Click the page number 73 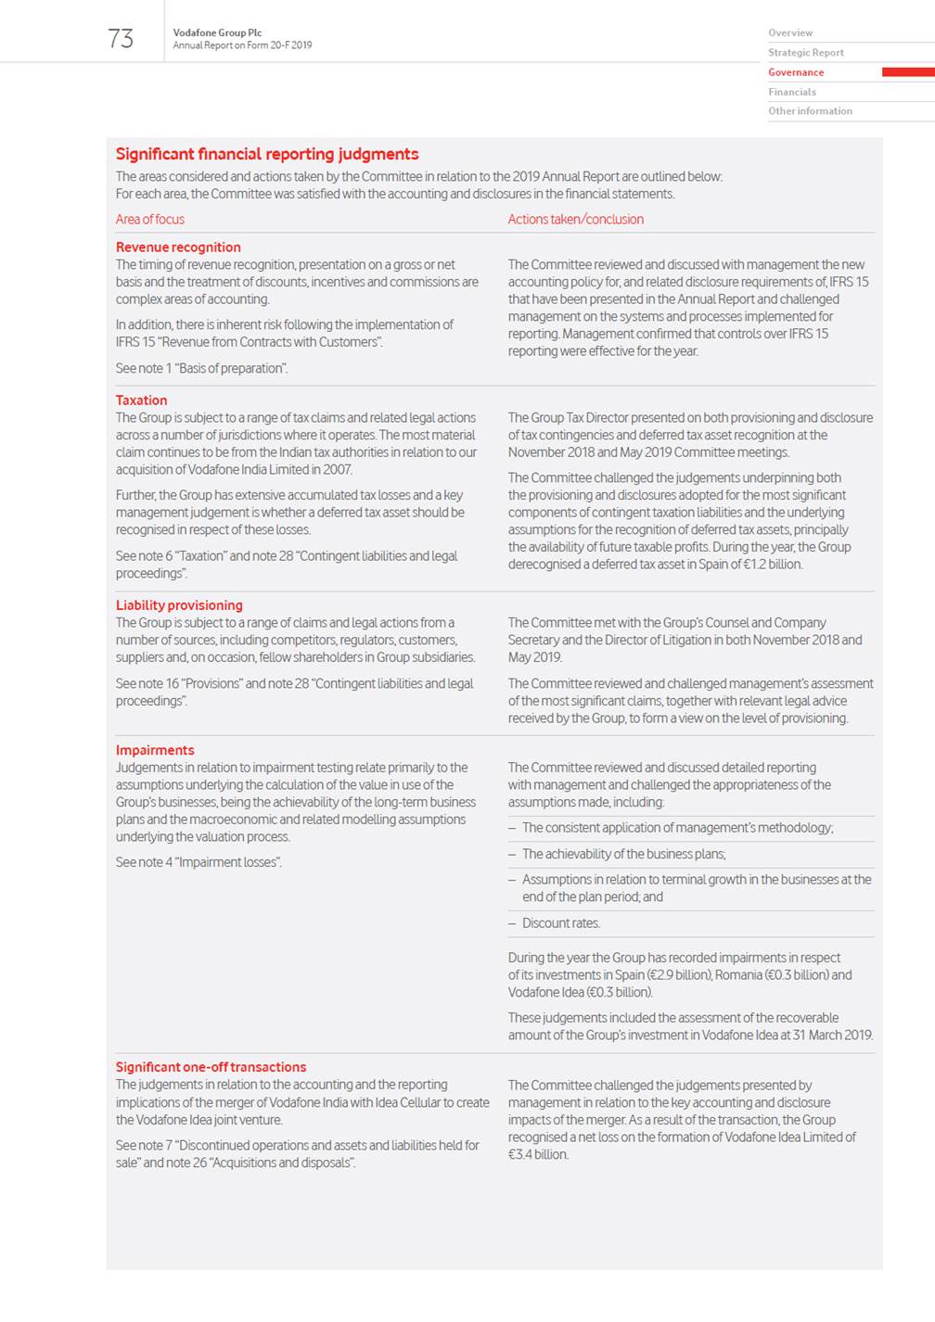point(121,38)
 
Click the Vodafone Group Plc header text point(217,32)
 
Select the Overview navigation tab point(790,32)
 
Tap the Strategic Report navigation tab point(806,53)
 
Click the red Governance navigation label point(796,72)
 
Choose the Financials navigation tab point(792,92)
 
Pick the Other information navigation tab point(810,111)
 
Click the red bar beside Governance point(907,72)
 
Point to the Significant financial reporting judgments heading point(267,154)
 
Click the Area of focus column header point(150,220)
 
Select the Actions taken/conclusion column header point(575,220)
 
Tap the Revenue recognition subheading point(178,248)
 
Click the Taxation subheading point(141,400)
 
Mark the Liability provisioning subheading point(179,605)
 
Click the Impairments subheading point(155,750)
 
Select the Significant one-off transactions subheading point(211,1067)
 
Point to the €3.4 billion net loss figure point(538,1155)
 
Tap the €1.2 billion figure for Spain point(771,565)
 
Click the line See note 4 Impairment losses point(199,862)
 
